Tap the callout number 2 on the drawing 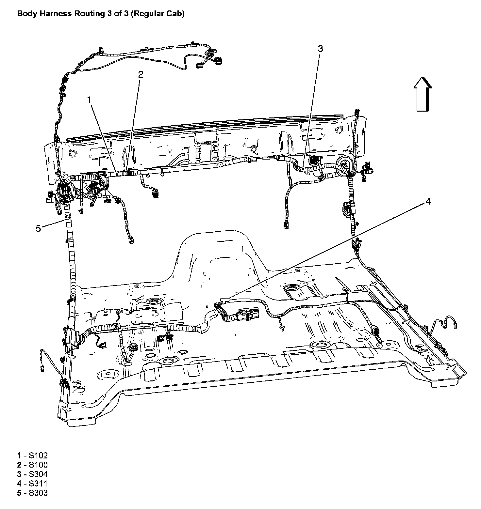click(x=141, y=75)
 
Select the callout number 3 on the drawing click(x=320, y=49)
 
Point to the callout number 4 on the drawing click(x=427, y=202)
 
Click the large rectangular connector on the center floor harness click(x=249, y=314)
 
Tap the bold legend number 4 click(x=19, y=484)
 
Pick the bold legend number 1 click(x=19, y=455)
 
